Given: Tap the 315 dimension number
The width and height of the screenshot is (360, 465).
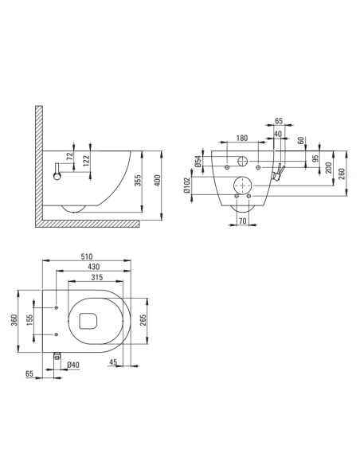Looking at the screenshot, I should (x=96, y=277).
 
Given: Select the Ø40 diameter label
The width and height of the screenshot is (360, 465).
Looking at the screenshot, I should (x=73, y=365).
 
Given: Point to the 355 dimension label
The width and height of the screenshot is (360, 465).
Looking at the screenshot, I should (x=139, y=182).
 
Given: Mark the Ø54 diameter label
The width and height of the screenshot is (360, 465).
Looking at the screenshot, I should (x=198, y=164).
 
